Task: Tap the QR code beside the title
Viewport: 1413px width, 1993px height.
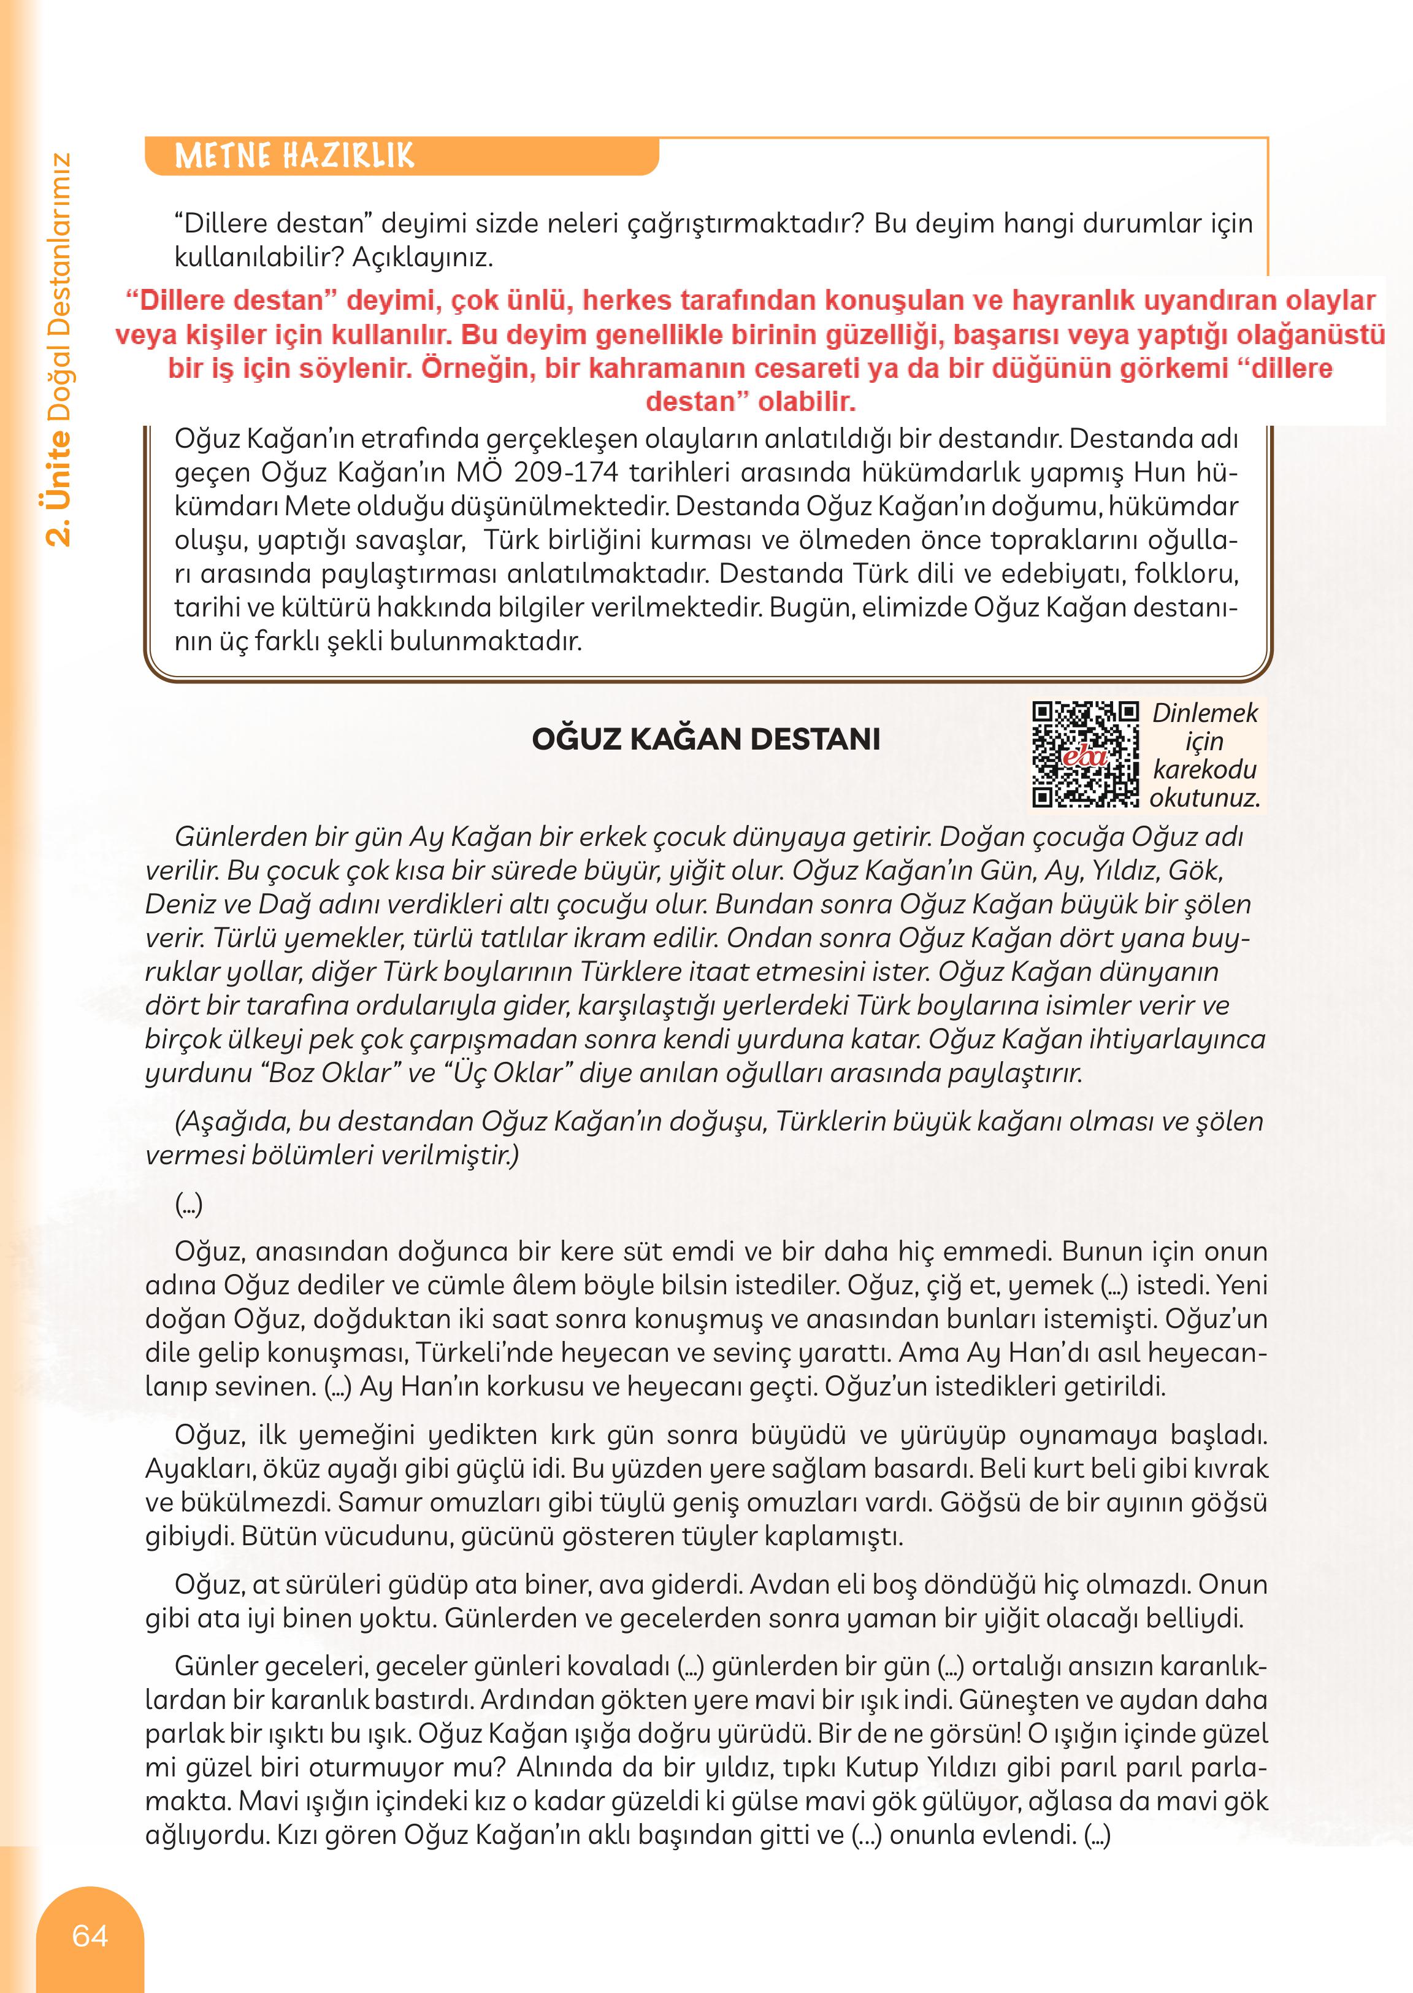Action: pos(1085,754)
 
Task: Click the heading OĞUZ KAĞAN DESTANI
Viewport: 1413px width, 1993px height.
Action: pos(706,740)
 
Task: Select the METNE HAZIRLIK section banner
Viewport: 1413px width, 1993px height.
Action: pos(296,156)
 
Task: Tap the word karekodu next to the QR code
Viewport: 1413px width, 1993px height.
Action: pos(1204,769)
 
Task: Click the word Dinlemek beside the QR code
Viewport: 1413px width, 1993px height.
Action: pos(1205,713)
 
